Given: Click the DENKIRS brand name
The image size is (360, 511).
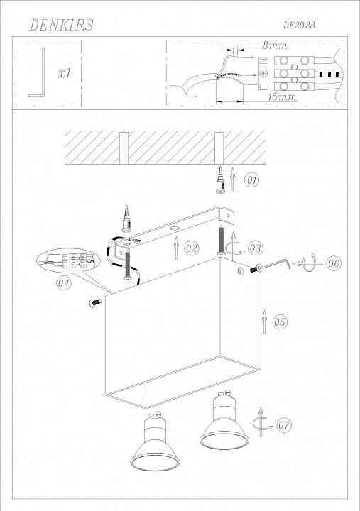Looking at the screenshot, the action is coord(61,25).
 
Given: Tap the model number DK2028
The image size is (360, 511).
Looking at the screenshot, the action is coord(299,26).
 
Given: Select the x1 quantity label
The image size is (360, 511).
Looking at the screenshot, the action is coord(65,73).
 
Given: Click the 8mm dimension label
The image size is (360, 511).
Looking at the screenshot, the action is coord(276,45).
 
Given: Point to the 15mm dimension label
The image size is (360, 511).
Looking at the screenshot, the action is coord(282,97).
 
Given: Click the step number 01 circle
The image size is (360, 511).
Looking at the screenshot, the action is coord(251,180).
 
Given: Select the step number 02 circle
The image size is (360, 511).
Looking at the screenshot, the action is coord(192,248).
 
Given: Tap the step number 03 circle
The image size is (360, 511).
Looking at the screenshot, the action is coord(256,248).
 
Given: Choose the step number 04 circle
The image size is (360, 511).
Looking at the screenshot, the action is coord(64,282).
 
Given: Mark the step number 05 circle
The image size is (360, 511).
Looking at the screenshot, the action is coord(280,322).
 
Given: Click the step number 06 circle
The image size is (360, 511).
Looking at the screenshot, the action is coord(334,263).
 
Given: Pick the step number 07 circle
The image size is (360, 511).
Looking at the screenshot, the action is coord(284,425).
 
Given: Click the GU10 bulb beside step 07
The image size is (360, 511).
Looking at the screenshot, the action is coord(224,422).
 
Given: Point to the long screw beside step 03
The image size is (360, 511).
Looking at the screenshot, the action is coord(222,241).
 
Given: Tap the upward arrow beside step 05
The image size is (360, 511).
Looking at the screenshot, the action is coord(264,322).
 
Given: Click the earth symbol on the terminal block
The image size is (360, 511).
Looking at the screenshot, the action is coord(263,74).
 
